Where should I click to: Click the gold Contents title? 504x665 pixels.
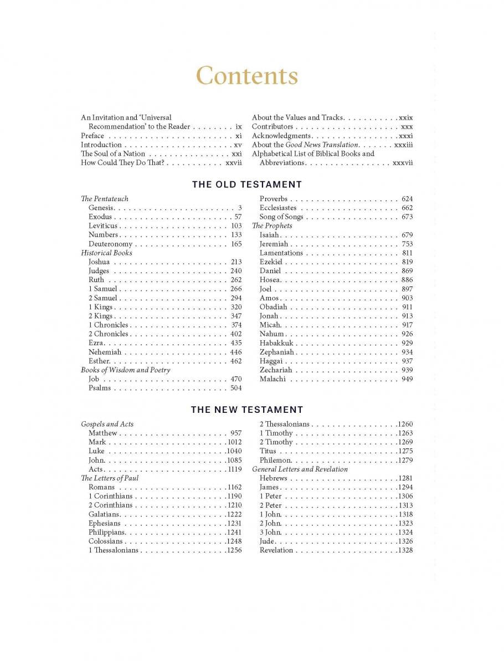coord(247,75)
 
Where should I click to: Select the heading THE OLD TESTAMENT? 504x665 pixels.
coord(247,185)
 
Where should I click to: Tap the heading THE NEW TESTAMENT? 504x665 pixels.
coord(247,410)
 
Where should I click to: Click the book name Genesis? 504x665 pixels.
coord(101,208)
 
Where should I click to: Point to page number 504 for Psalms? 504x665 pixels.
coord(236,388)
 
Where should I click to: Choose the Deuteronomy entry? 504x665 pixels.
coord(110,244)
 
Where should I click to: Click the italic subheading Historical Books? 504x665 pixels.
coord(107,253)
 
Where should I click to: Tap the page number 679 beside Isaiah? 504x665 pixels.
coord(407,235)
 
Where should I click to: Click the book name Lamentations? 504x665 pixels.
coord(281,253)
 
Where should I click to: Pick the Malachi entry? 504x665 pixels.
coord(272,379)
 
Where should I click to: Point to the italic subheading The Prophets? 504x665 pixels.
coord(272,226)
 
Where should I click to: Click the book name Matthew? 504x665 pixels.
coord(103,433)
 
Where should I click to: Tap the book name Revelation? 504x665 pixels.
coord(276,550)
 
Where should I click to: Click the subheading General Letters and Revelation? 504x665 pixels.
coord(300,469)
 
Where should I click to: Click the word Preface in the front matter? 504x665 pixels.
coord(92,136)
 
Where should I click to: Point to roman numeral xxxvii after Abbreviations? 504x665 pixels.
coord(403,163)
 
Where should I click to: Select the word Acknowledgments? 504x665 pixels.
coord(281,136)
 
